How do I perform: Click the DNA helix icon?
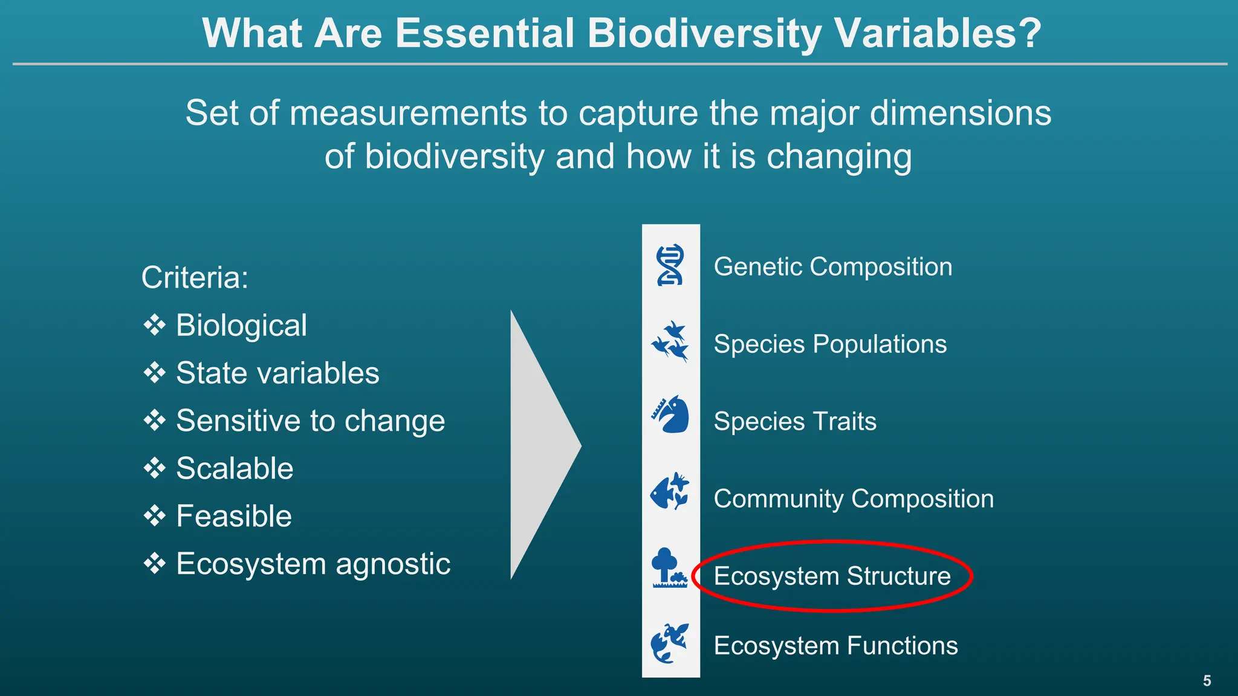click(x=670, y=265)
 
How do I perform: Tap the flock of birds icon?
click(x=670, y=342)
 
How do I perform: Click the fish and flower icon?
click(x=670, y=491)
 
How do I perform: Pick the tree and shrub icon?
click(x=669, y=568)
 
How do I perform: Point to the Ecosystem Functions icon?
click(x=670, y=643)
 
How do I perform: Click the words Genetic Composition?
click(x=832, y=266)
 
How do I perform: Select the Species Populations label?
click(x=830, y=344)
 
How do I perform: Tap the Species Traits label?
click(x=794, y=421)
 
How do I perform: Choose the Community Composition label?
click(x=853, y=498)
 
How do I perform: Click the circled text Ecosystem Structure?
click(x=832, y=576)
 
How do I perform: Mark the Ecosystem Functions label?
click(x=835, y=645)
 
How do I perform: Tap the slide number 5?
click(x=1207, y=681)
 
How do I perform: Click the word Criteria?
click(x=194, y=278)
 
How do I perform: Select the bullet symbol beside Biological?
click(x=155, y=325)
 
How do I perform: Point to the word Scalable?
click(x=235, y=468)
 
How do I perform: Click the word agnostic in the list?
click(x=393, y=564)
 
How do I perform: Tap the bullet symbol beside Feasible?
click(x=155, y=516)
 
